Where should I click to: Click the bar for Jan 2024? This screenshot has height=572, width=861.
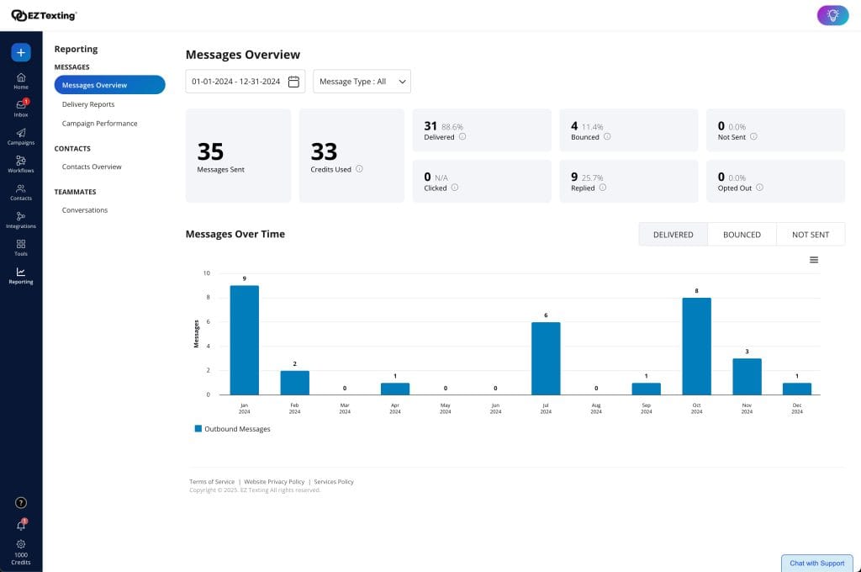coord(244,340)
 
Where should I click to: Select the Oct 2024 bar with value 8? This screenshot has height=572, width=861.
coord(696,346)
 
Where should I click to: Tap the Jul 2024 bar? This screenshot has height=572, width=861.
coord(546,358)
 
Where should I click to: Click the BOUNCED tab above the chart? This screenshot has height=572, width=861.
coord(742,235)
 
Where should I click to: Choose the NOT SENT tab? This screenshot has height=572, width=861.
coord(811,235)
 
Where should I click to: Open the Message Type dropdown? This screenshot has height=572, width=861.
coord(362,82)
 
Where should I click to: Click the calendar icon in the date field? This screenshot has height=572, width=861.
coord(293,82)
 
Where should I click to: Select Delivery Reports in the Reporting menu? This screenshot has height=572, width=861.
coord(88,104)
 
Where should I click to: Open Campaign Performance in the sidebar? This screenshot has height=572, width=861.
coord(99,124)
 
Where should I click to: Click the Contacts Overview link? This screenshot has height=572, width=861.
coord(92,167)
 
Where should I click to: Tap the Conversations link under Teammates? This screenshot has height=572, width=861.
coord(85,210)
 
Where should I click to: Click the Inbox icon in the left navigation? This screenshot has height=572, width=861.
coord(21,107)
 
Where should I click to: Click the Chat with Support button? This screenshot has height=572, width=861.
coord(816,563)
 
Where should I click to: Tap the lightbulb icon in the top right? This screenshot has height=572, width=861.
coord(832,15)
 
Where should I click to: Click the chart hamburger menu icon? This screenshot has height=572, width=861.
coord(814,260)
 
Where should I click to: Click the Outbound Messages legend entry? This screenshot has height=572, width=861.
coord(233,429)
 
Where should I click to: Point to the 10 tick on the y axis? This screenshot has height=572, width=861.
coord(206,273)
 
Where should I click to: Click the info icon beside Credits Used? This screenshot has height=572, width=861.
coord(359,169)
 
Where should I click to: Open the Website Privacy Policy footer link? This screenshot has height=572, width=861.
coord(274,482)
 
